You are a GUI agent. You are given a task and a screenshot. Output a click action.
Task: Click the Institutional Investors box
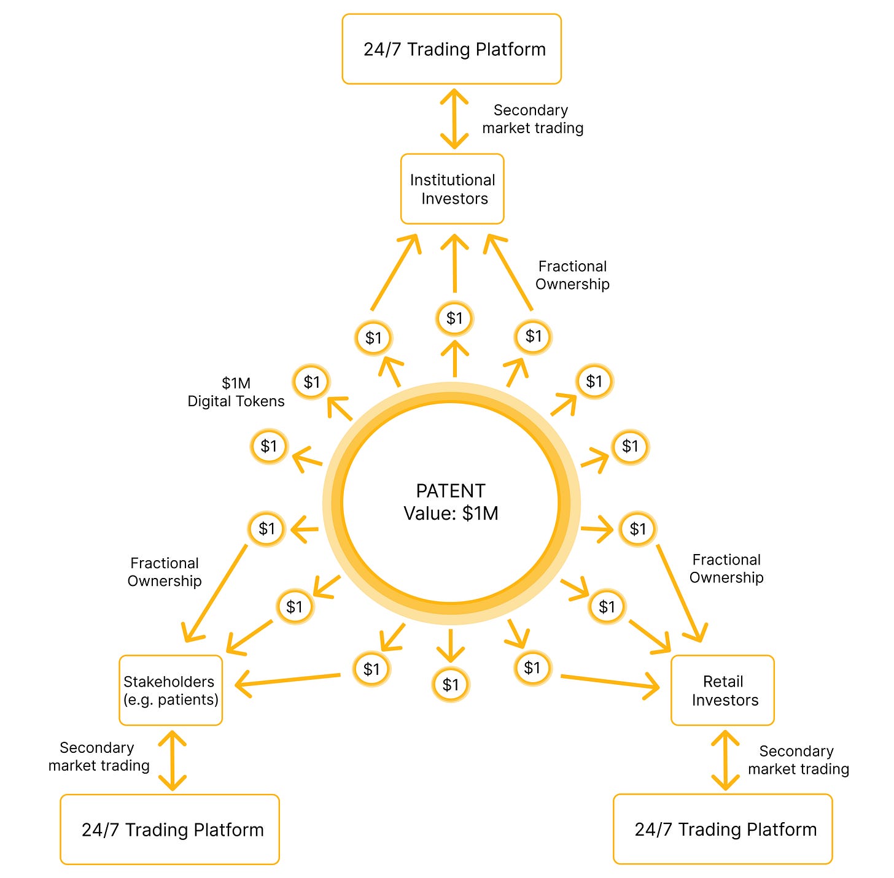(453, 189)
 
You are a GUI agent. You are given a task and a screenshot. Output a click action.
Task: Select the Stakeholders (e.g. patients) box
(171, 690)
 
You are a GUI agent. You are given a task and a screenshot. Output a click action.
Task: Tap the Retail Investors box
(723, 690)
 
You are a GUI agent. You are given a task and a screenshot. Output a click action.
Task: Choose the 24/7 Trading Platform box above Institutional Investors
(452, 49)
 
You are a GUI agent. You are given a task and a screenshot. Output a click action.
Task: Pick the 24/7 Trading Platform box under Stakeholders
(170, 830)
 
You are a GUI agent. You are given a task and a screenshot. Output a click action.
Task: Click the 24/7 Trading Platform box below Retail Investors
(723, 829)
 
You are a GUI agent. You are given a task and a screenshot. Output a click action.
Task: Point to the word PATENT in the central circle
(451, 491)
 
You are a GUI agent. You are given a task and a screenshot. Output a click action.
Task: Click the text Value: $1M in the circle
(451, 513)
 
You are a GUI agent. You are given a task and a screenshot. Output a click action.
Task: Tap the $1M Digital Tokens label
(236, 392)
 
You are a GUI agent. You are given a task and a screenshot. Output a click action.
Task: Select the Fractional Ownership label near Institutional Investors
(572, 275)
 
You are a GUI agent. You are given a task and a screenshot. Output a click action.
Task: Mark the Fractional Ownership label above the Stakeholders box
(165, 572)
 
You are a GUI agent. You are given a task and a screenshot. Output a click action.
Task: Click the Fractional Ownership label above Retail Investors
(726, 568)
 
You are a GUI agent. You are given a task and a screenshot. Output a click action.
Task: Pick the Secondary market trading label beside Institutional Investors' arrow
(532, 119)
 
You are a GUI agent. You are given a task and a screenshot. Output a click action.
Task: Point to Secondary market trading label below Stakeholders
(99, 757)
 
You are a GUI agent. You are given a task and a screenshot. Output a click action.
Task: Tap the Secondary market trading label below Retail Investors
(798, 760)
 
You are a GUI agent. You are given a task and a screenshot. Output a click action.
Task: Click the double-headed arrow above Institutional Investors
(454, 119)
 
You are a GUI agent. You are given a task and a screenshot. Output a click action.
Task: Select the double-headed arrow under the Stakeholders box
(172, 760)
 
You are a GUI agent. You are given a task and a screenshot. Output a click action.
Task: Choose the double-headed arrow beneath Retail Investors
(725, 760)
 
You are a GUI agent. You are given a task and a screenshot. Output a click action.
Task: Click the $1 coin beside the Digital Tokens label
(311, 382)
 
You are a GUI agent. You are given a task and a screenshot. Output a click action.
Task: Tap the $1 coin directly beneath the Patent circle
(451, 685)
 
